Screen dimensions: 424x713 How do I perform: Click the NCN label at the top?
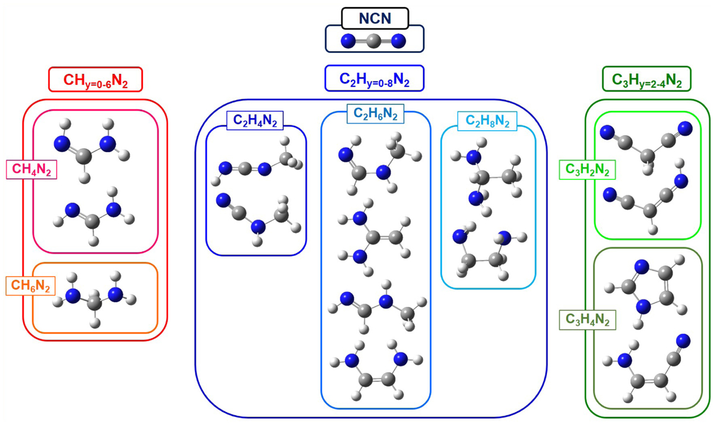point(374,18)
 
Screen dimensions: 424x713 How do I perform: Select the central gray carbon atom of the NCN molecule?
point(373,41)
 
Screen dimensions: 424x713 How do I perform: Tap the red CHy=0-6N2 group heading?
point(96,79)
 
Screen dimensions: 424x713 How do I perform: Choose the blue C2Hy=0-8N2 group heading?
point(374,78)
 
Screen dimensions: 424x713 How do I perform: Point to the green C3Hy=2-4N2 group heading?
point(646,78)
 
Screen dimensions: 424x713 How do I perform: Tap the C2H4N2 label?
point(255,120)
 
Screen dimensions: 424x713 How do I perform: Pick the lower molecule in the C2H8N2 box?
point(487,253)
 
